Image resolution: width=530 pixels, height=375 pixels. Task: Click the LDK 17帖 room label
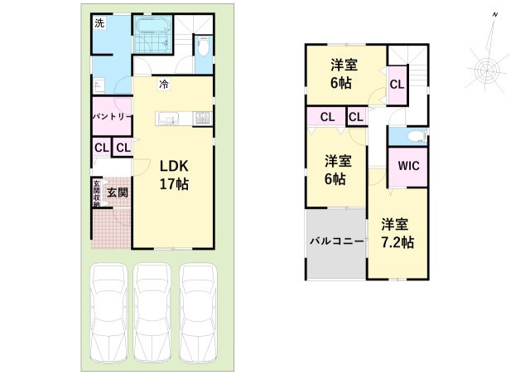[174, 175]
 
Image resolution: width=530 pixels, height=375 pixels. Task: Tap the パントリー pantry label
[112, 116]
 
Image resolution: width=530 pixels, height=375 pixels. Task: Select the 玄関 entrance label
[118, 192]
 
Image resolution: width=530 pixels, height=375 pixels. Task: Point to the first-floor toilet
[203, 46]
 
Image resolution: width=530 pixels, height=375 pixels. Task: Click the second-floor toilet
[417, 137]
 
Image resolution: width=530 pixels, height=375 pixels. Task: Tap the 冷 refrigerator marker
[164, 84]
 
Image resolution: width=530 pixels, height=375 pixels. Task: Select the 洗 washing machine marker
[99, 23]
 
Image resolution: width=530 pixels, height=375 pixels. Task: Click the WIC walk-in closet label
[408, 166]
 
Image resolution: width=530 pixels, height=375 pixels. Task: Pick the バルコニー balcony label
[337, 241]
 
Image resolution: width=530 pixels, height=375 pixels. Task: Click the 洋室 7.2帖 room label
[397, 234]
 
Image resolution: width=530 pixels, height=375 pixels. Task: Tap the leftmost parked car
[108, 312]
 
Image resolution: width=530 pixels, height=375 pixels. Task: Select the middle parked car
[152, 312]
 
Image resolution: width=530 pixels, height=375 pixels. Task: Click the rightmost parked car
[198, 312]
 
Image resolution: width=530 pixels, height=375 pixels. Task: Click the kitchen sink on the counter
[168, 119]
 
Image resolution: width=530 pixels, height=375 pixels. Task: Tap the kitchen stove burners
[202, 119]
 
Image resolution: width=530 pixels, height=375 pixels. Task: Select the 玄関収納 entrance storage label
[97, 193]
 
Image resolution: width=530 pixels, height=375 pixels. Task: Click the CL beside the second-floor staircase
[397, 84]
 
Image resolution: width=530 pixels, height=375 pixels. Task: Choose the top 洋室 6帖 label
[344, 74]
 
